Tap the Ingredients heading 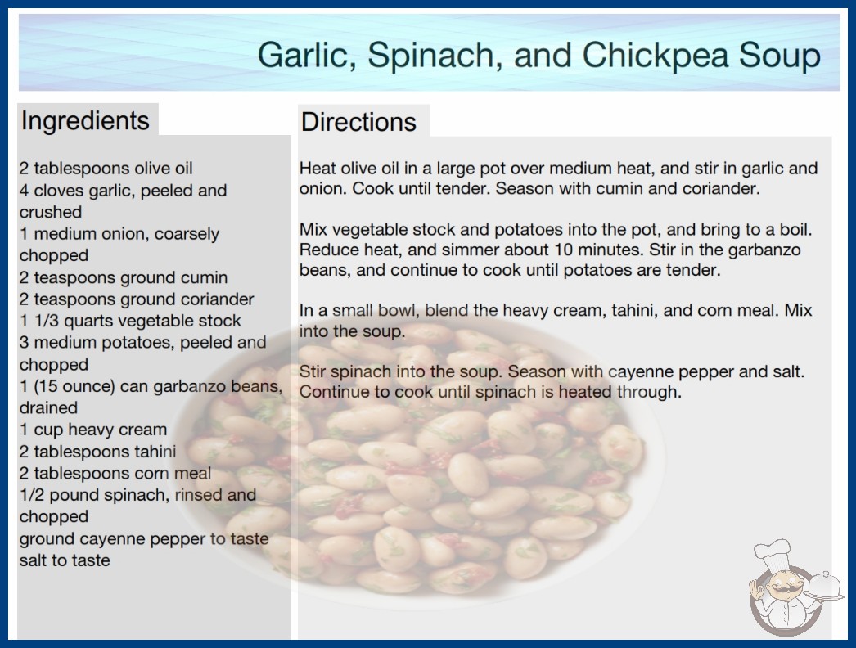(85, 120)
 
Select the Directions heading (358, 122)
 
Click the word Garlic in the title (307, 56)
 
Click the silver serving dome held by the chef (825, 586)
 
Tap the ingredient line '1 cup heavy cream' (93, 430)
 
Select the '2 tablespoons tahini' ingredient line (97, 452)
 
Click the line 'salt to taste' (65, 560)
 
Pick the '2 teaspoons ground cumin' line (124, 277)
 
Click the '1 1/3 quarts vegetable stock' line (130, 321)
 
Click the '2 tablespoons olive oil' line (106, 169)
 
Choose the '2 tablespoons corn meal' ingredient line (115, 473)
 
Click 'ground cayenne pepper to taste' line (144, 539)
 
